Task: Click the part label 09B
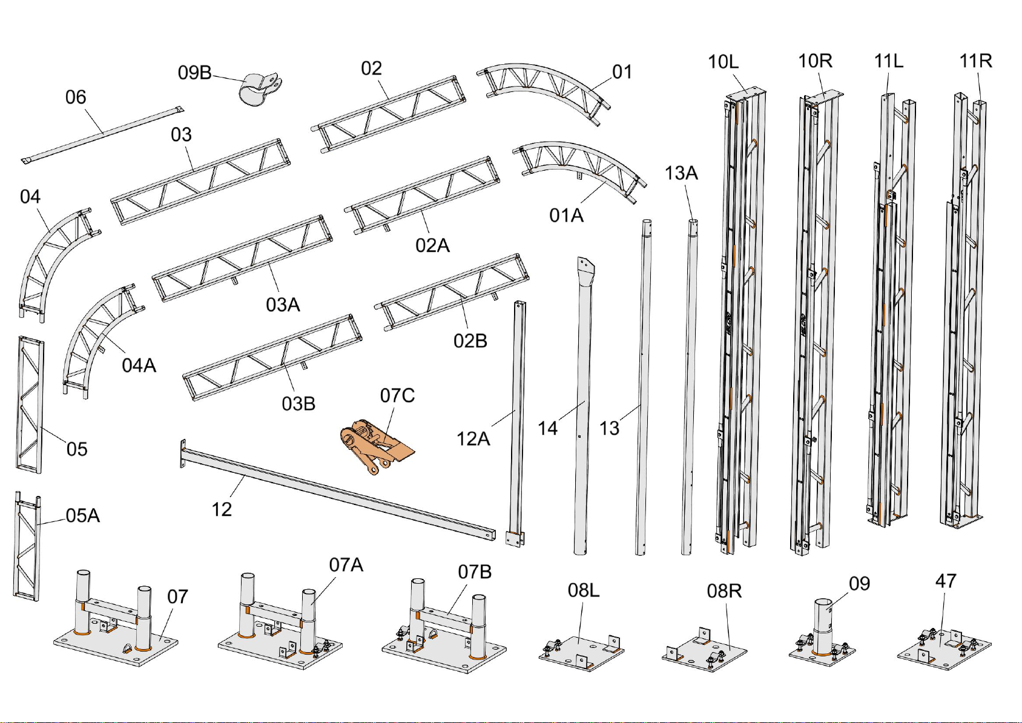click(194, 73)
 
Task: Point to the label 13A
click(681, 173)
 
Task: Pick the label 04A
click(139, 365)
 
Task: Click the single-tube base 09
click(822, 630)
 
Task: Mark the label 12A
click(473, 438)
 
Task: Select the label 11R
click(975, 61)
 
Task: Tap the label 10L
click(724, 61)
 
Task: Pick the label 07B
click(475, 572)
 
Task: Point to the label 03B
click(298, 403)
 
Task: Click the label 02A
click(432, 245)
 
